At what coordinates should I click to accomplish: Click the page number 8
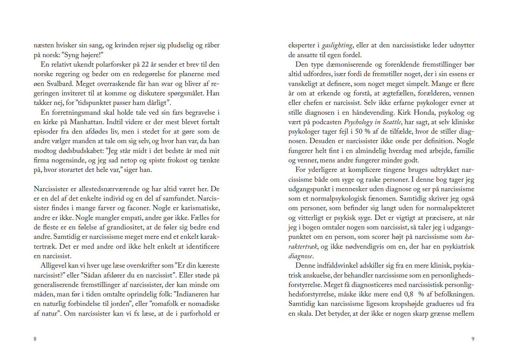pos(35,339)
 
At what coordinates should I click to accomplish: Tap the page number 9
pos(472,339)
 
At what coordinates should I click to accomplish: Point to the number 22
pos(145,64)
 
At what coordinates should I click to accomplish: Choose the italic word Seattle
pos(391,122)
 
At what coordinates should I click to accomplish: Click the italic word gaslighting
pos(337,45)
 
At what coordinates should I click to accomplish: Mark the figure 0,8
pos(409,294)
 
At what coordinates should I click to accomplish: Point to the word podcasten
pos(326,122)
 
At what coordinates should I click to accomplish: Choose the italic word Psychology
pos(358,122)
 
